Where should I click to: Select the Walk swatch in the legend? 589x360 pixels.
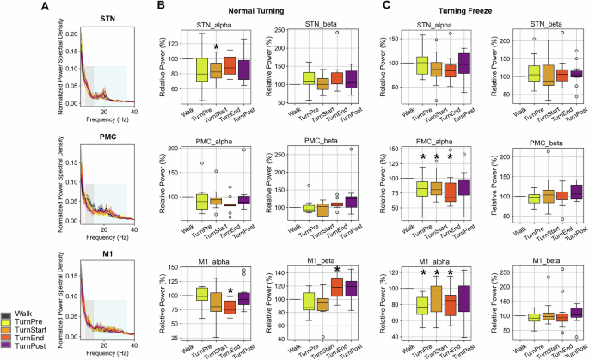[7, 315]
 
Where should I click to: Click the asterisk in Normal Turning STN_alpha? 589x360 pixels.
[216, 48]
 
